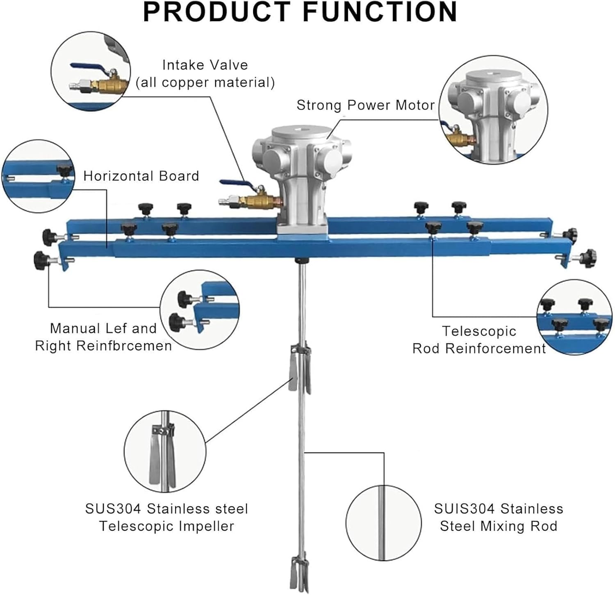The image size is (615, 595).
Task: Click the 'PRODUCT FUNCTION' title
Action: point(300,12)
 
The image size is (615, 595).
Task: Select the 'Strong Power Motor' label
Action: point(365,105)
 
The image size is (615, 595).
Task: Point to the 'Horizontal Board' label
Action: point(141,176)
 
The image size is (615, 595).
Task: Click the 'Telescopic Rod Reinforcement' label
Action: point(479,340)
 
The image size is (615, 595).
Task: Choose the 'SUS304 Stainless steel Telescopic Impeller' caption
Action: point(166,517)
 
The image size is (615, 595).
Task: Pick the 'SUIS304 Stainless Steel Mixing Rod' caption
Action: point(499,517)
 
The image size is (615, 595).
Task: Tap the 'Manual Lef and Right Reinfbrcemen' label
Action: point(103,337)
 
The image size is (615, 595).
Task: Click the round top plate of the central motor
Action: point(301,133)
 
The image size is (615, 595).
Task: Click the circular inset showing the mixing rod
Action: point(383,523)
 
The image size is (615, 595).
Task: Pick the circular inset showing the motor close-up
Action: point(493,110)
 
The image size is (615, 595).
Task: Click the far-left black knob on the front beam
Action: point(41,259)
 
